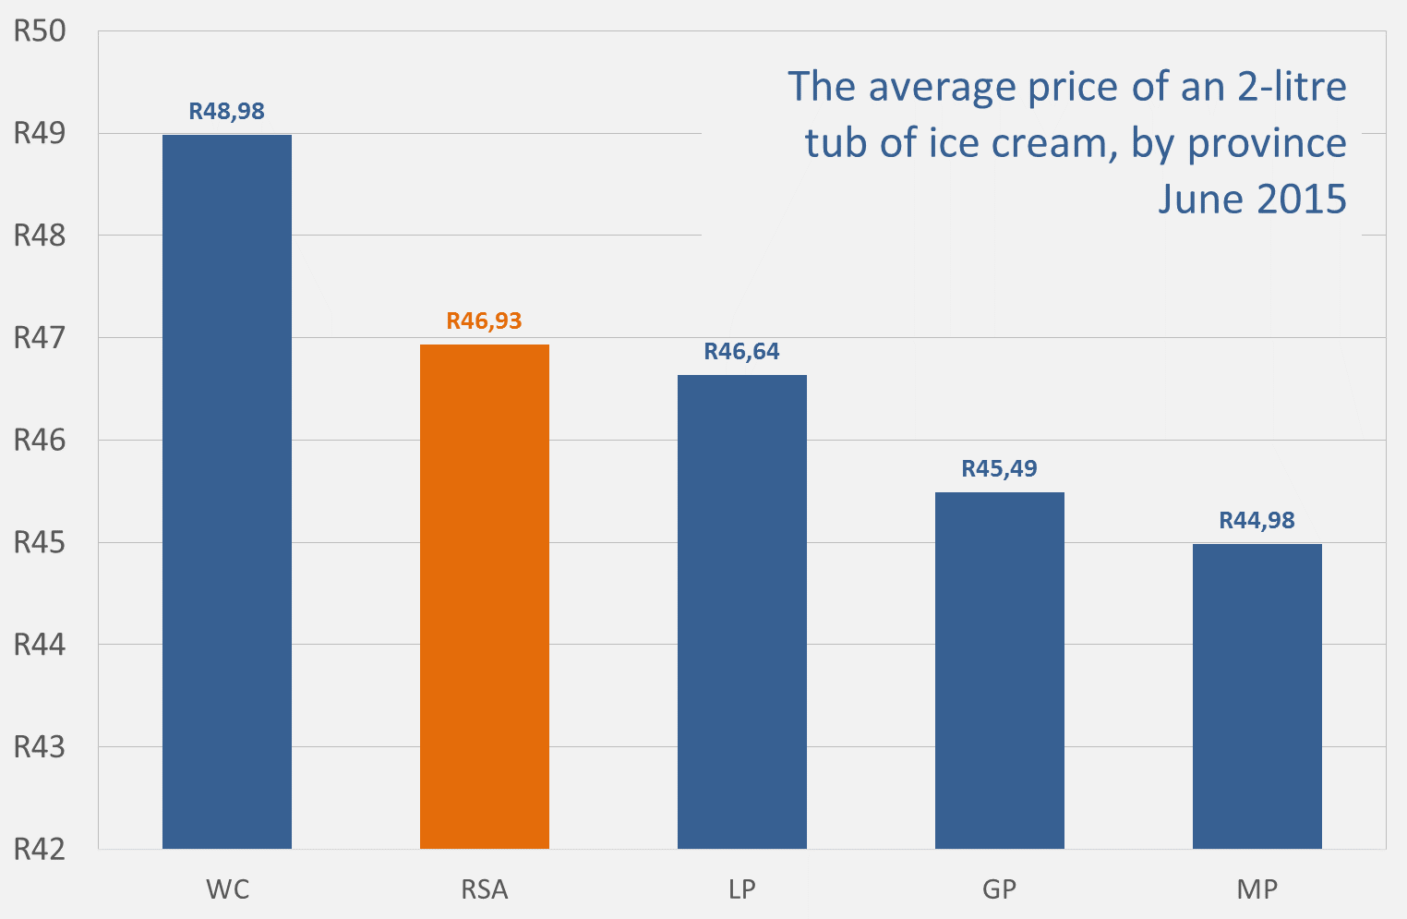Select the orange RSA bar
[485, 597]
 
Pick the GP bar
[1000, 671]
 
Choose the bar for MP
[1257, 696]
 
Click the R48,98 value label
[227, 112]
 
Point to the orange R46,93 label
[485, 321]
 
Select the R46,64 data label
[742, 352]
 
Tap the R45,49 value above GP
[1000, 469]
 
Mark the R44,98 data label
[1257, 521]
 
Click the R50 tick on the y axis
[41, 32]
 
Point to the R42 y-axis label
[41, 849]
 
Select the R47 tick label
[41, 338]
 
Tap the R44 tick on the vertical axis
[41, 645]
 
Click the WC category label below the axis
[227, 889]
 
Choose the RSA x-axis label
[485, 889]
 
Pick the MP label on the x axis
[1257, 889]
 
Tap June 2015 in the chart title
[1253, 199]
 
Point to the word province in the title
[1267, 144]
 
